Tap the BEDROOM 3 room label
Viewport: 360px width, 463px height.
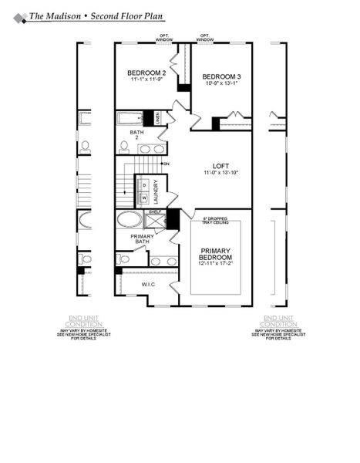point(220,76)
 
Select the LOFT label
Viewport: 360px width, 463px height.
point(222,167)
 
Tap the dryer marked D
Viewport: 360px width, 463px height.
point(143,186)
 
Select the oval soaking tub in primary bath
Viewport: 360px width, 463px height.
point(129,219)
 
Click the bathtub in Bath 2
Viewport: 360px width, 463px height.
point(129,118)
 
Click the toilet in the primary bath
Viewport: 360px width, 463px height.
point(123,259)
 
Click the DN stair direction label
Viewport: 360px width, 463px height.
point(166,164)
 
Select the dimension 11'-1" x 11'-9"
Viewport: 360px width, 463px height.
point(144,79)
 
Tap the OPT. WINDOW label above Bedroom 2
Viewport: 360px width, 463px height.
point(165,36)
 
